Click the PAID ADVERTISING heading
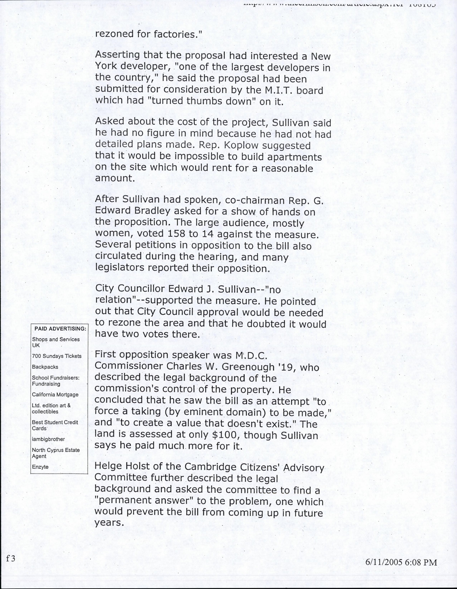(60, 328)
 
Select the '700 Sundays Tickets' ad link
(57, 356)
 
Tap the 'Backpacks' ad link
(45, 367)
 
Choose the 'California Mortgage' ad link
(55, 395)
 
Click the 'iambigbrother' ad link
(48, 439)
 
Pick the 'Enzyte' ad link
(40, 467)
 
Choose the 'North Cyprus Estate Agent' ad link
(56, 453)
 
